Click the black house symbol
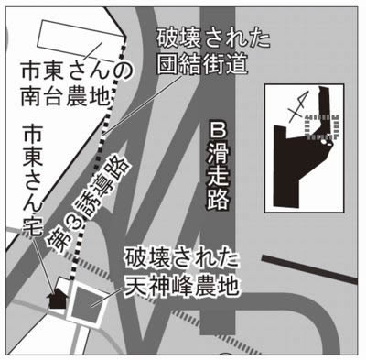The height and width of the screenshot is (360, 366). (57, 300)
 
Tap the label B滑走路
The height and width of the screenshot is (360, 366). (219, 166)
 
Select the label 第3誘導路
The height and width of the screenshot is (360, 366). (88, 205)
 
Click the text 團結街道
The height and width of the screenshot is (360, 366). (202, 64)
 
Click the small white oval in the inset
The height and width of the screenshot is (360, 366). (323, 142)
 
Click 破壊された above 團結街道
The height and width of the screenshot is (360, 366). (213, 38)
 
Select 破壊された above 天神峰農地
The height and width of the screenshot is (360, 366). (181, 262)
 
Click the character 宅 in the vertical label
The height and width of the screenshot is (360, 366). (33, 226)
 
